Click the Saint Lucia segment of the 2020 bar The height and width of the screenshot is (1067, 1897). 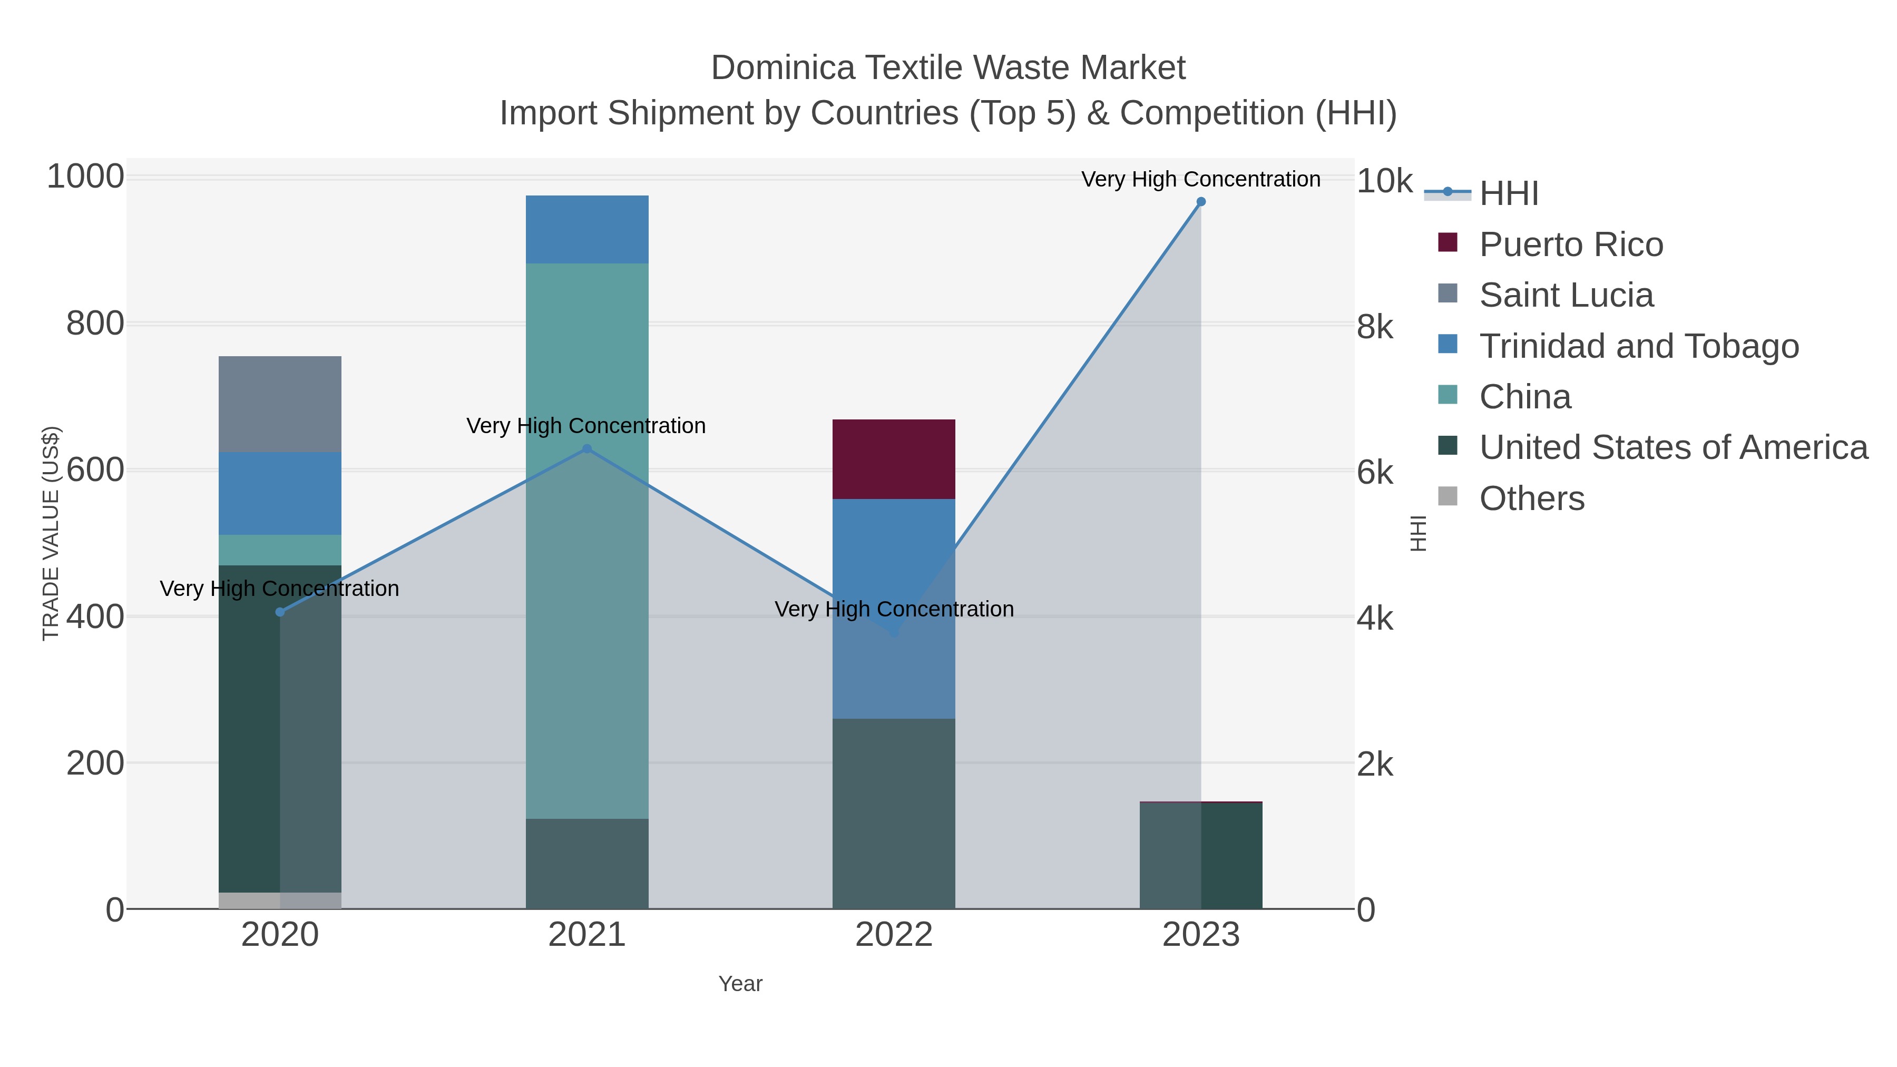[280, 404]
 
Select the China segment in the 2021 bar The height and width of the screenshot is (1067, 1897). [587, 541]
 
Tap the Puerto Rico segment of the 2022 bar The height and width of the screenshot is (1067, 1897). [893, 459]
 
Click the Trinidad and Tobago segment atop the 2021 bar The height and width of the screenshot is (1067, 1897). [587, 229]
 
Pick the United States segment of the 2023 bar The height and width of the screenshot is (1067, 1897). [1201, 856]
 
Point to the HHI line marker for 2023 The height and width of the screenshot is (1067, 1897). [1201, 202]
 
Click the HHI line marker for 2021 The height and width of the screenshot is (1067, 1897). [587, 448]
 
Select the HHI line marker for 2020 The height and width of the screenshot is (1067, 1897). [280, 612]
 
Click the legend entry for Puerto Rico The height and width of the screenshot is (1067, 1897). [1570, 244]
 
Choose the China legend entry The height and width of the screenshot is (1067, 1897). [1524, 397]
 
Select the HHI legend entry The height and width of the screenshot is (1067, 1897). [1508, 194]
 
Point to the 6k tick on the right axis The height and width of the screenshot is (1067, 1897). [1375, 473]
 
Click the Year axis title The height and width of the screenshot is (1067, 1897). [740, 984]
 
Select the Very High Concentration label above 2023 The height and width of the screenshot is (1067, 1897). [1200, 179]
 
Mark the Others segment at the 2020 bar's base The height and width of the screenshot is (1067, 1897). [280, 900]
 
